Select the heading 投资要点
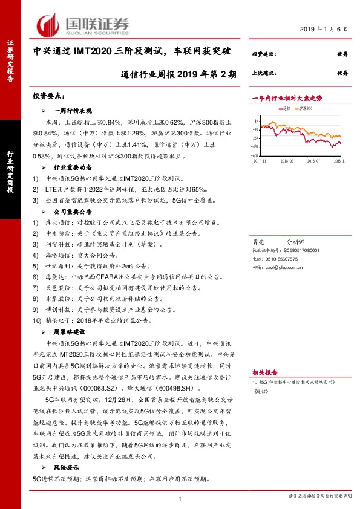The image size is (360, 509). point(48,96)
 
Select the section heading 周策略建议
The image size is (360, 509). point(73,332)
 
